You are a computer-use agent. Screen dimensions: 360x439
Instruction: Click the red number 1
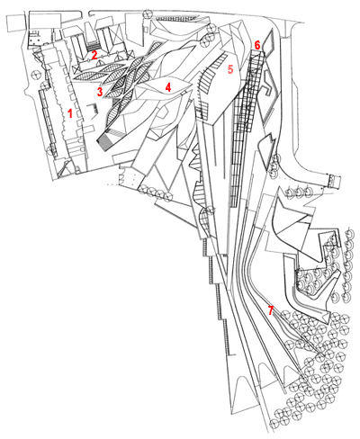70,113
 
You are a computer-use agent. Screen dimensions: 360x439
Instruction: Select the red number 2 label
94,55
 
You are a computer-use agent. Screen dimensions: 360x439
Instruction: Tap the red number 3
100,92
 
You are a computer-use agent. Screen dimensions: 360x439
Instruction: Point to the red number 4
168,87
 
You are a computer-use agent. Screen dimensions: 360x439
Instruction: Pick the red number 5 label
230,69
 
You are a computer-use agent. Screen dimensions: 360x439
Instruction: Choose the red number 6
257,45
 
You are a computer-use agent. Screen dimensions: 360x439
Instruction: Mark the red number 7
271,310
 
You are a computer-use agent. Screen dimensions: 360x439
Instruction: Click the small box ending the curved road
335,181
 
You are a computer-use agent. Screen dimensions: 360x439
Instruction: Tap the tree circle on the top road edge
148,13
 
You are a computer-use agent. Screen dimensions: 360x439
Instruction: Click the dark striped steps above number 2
94,47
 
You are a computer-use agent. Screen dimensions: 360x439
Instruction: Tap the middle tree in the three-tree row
298,191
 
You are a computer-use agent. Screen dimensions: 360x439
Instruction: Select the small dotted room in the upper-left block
35,39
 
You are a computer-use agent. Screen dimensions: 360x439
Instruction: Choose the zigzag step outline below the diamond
269,84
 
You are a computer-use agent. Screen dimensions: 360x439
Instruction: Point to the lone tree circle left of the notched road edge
36,74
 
